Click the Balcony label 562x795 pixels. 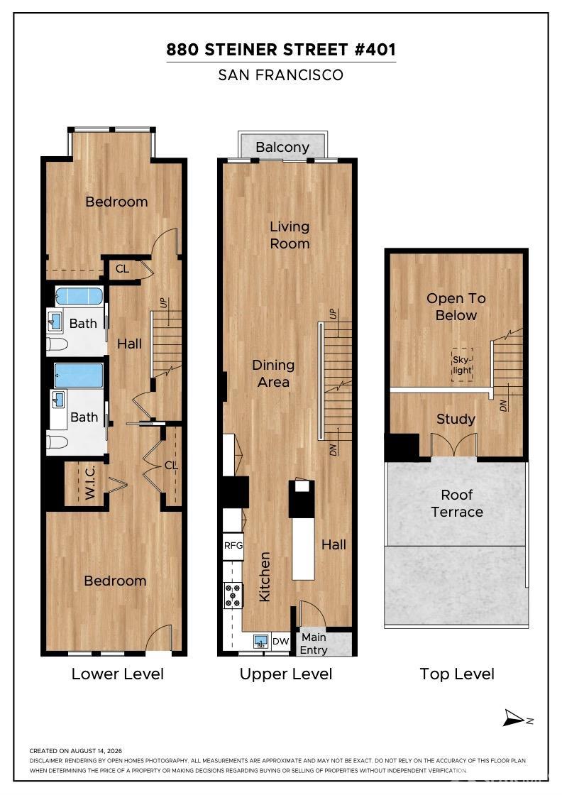tap(282, 147)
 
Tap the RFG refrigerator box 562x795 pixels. tap(233, 546)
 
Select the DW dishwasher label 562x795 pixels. tap(280, 642)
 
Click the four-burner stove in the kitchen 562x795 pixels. tap(233, 596)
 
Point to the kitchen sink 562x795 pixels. tap(262, 642)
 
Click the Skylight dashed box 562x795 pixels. tap(462, 365)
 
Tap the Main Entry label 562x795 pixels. tap(314, 643)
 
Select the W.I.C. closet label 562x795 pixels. tap(89, 483)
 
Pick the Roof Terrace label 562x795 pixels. tap(457, 503)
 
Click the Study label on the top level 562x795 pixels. tap(456, 420)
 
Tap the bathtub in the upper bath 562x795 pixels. tap(79, 296)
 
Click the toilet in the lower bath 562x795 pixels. tap(57, 442)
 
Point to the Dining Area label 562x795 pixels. tap(273, 373)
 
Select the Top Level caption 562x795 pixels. tap(457, 674)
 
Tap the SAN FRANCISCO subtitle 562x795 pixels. tap(281, 75)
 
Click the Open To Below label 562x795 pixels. tap(456, 307)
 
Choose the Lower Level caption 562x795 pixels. tap(118, 674)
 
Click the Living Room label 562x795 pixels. tap(290, 235)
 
